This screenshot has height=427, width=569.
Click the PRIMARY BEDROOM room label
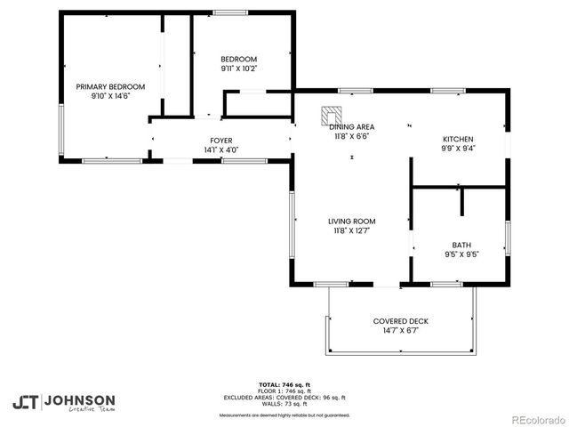pos(110,86)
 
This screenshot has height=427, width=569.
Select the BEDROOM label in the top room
pos(238,60)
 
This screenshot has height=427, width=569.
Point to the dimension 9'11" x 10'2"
pos(238,68)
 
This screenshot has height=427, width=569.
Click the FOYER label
pos(220,141)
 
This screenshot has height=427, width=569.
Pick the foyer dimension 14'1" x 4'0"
pos(220,149)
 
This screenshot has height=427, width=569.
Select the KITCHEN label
pos(458,140)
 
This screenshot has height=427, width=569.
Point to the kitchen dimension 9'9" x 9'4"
pos(458,149)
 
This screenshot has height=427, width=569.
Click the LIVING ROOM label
pos(351,222)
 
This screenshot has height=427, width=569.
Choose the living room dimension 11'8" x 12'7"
pos(351,230)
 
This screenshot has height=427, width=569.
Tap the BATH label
pos(461,245)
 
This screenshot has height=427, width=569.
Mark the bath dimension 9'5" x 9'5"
pos(461,254)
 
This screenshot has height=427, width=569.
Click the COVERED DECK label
pos(400,321)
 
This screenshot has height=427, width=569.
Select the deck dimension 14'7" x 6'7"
pos(400,330)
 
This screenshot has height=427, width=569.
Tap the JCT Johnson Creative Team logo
pos(63,401)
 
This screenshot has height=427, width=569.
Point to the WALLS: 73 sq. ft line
pos(284,404)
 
